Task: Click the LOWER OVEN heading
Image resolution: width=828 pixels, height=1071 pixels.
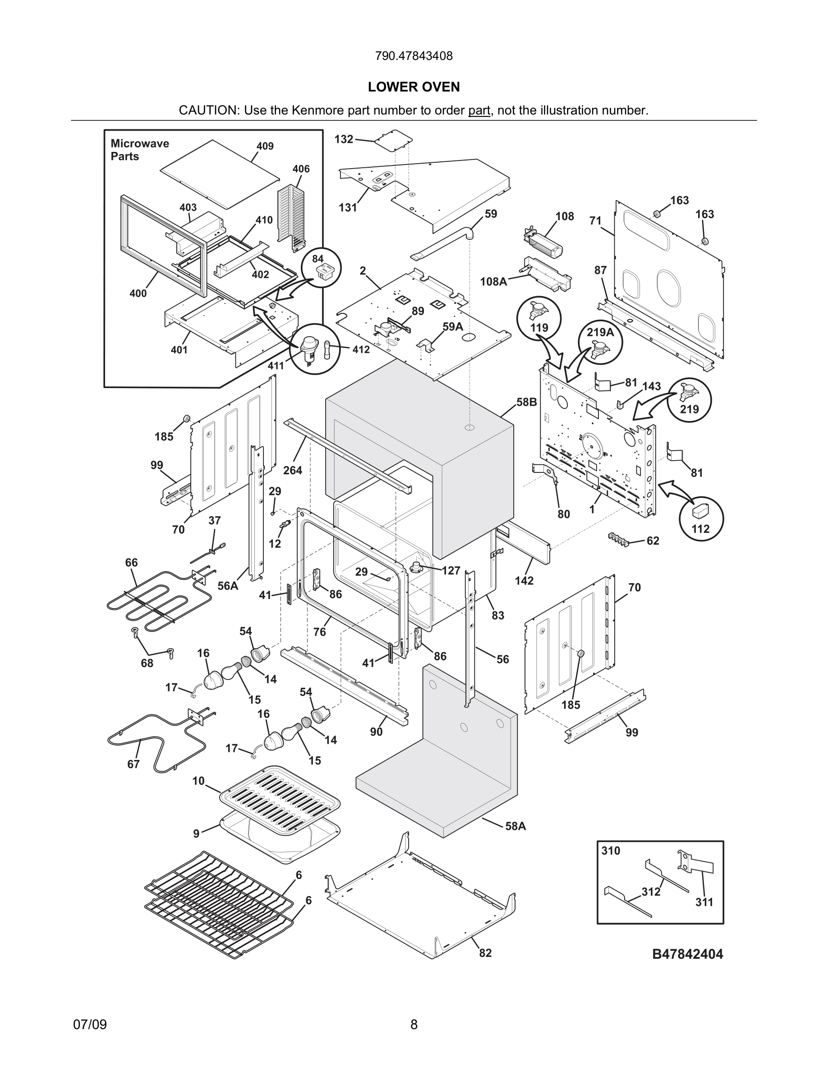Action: click(x=414, y=87)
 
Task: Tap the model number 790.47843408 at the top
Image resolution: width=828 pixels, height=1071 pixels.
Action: click(x=414, y=56)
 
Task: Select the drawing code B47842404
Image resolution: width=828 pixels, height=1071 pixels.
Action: click(x=687, y=954)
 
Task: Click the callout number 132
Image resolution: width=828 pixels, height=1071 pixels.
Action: click(x=343, y=139)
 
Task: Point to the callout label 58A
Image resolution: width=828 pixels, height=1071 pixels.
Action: click(x=515, y=826)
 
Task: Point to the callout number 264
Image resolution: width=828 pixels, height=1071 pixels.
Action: click(x=292, y=470)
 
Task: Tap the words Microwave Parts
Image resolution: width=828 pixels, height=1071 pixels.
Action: click(x=139, y=150)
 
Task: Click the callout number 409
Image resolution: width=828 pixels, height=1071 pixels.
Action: click(x=265, y=146)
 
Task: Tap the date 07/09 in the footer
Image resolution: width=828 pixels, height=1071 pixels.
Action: click(x=90, y=1025)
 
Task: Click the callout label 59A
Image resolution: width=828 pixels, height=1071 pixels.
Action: click(x=452, y=326)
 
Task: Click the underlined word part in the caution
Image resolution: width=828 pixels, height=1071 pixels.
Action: click(x=479, y=110)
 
